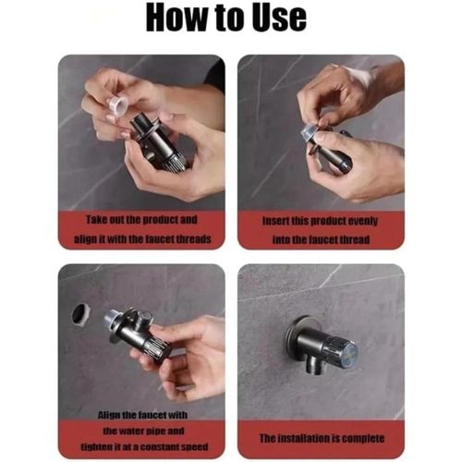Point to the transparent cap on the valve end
(309, 133)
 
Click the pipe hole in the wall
(81, 314)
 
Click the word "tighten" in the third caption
(94, 446)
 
